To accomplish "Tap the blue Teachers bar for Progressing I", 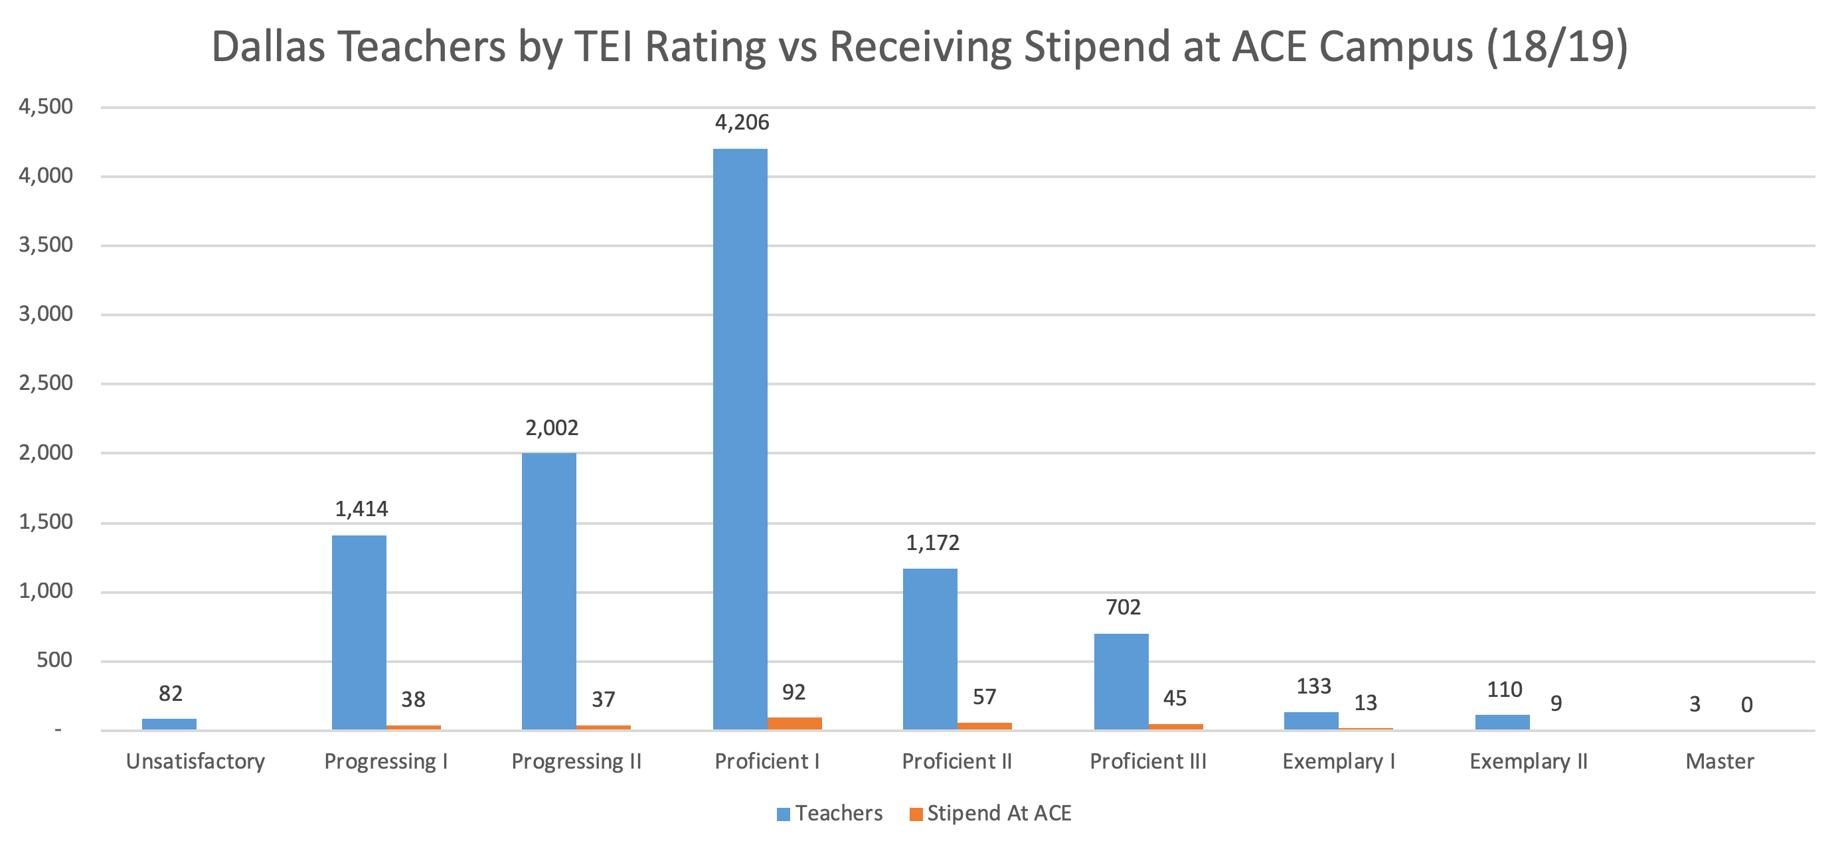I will pos(359,632).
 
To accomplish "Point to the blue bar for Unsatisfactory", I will pos(169,724).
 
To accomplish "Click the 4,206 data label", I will pos(742,122).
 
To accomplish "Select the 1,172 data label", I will pos(932,543).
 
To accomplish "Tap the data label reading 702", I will pos(1123,607).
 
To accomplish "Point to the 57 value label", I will pos(984,697).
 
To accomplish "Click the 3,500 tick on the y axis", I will pos(46,244).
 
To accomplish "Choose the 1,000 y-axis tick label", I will pos(46,591).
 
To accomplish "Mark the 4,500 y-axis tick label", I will pos(46,106).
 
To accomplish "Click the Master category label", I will pos(1719,761).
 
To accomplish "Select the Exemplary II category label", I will pos(1528,761).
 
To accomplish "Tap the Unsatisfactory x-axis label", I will pos(195,761).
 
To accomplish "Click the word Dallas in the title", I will pos(268,47).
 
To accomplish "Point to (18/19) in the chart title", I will pos(1556,47).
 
